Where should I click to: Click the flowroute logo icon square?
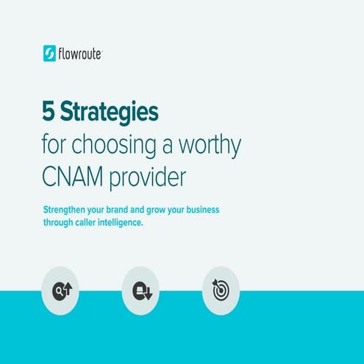(50, 53)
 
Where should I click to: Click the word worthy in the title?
(213, 146)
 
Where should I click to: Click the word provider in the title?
(149, 177)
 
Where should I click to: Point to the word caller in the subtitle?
(94, 222)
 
